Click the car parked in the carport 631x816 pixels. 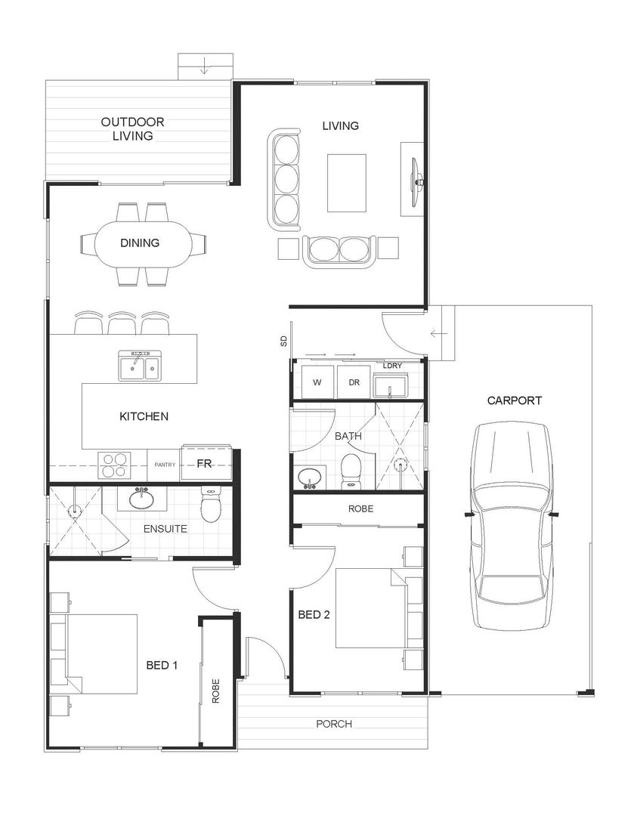tap(512, 526)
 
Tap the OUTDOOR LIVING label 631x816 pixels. tap(133, 129)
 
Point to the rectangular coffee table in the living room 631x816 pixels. tap(346, 183)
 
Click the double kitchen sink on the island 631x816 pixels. tap(138, 366)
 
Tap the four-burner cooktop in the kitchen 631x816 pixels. tap(114, 464)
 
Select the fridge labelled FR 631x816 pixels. tap(204, 464)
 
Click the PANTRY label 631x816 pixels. tap(165, 465)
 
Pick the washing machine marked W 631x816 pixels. tap(317, 382)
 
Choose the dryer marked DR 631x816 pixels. tap(354, 382)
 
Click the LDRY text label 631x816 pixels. tap(392, 366)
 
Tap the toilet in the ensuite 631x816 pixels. tap(211, 506)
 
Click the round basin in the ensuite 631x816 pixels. tap(141, 499)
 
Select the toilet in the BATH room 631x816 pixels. tap(351, 470)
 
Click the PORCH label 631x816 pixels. tap(334, 724)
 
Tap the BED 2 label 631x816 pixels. tap(314, 614)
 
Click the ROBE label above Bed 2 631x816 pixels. tap(360, 509)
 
